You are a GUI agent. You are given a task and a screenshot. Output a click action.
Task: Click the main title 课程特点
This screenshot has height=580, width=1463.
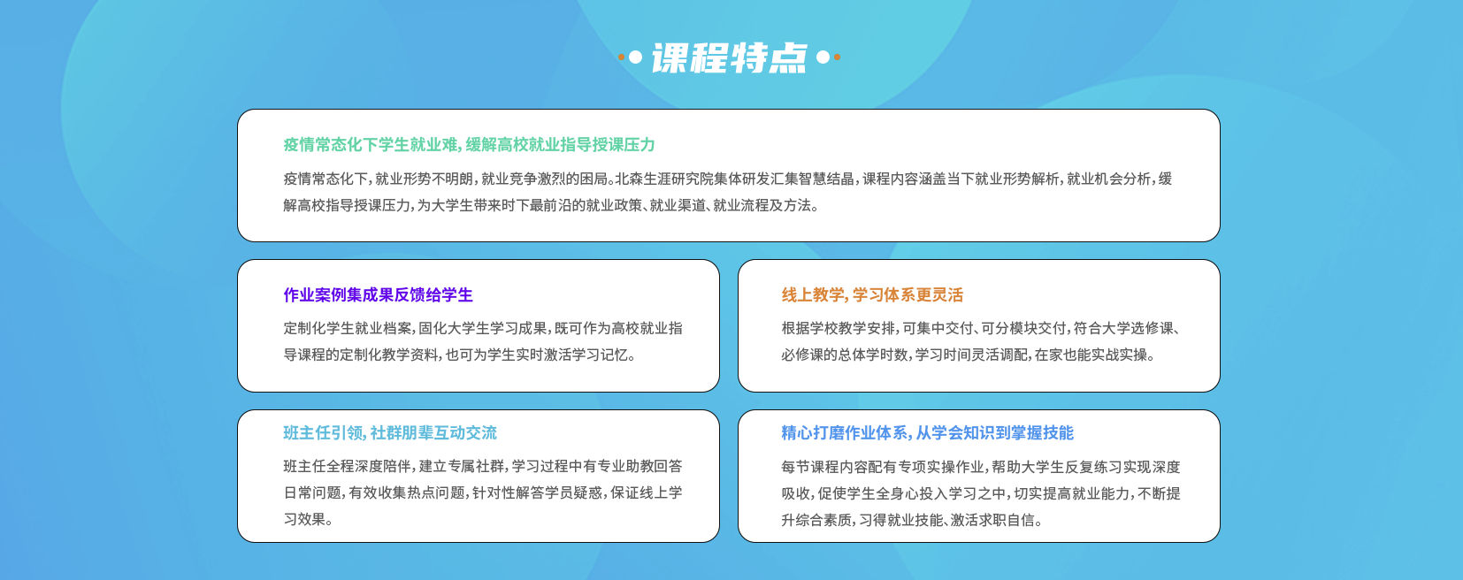(x=729, y=58)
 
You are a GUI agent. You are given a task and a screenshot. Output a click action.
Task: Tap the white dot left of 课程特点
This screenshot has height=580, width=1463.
(x=635, y=57)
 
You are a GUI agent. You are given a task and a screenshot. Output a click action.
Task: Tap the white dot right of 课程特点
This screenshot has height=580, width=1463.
(x=823, y=57)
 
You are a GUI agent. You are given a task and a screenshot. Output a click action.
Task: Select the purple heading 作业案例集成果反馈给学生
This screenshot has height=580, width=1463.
(x=378, y=294)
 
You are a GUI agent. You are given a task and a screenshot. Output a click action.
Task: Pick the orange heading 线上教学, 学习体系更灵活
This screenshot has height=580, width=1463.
(x=872, y=294)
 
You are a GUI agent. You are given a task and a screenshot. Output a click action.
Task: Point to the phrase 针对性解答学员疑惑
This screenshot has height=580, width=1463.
(x=536, y=492)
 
